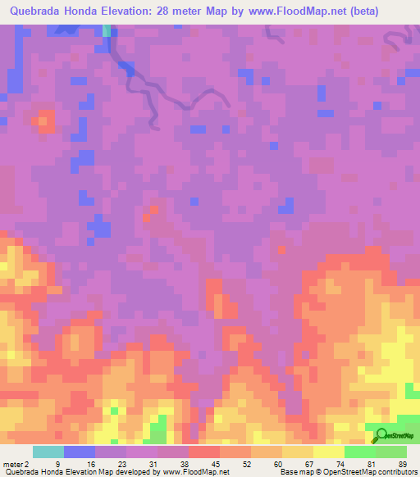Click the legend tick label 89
point(403,464)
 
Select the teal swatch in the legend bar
point(48,452)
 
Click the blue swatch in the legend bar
point(80,452)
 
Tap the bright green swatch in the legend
point(360,452)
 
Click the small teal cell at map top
point(107,30)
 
